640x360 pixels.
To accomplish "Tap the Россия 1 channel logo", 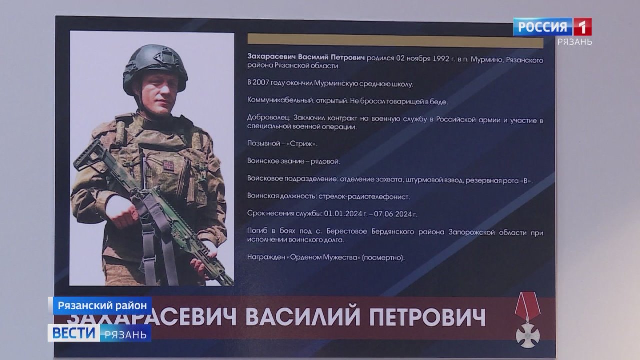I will click(x=552, y=27).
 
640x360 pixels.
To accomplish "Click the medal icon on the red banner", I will click(x=528, y=320).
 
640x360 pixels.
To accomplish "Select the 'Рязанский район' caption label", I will click(x=100, y=305).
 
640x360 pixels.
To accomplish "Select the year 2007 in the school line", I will click(x=265, y=84).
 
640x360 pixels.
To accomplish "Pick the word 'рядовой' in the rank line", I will click(x=326, y=161).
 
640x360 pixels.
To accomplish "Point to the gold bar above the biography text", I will click(x=395, y=41).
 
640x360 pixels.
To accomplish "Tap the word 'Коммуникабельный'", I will click(x=279, y=101).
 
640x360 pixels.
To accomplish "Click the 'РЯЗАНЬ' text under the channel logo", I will click(x=575, y=42).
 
